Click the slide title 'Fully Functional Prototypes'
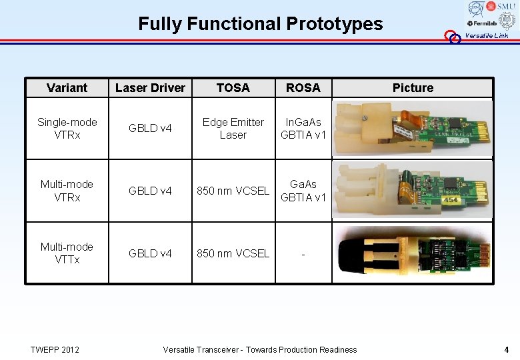tap(260, 24)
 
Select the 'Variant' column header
tap(67, 88)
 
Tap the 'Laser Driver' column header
tap(150, 88)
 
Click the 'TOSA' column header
tap(233, 88)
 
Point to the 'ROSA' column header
tap(303, 88)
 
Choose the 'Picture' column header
tap(412, 88)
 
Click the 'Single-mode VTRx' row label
tap(67, 128)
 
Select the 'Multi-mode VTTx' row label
tap(67, 253)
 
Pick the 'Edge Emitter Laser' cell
tap(233, 128)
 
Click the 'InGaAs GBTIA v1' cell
tap(303, 128)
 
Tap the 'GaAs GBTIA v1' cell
tap(303, 190)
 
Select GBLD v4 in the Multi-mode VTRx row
tap(150, 191)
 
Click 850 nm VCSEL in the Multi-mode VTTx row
tap(233, 253)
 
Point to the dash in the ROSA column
tap(303, 253)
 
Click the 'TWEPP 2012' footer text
tap(55, 349)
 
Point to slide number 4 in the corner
tap(507, 349)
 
